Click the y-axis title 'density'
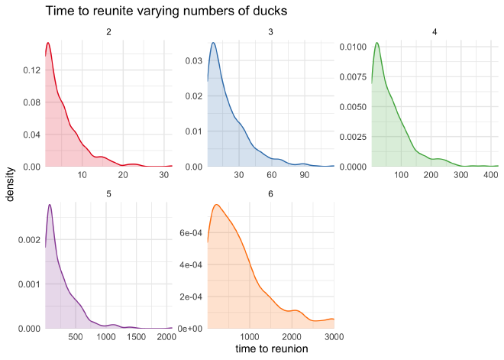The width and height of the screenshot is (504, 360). (x=10, y=186)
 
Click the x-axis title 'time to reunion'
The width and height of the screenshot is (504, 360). (x=271, y=349)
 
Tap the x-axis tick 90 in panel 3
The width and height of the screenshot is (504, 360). (x=304, y=175)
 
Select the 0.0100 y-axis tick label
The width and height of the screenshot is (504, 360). (x=351, y=47)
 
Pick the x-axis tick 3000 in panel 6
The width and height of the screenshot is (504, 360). (x=325, y=337)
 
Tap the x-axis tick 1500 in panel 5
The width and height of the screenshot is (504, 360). (x=134, y=337)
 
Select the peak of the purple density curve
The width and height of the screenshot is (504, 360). (x=50, y=204)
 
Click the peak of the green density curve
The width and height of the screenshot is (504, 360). (x=376, y=42)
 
